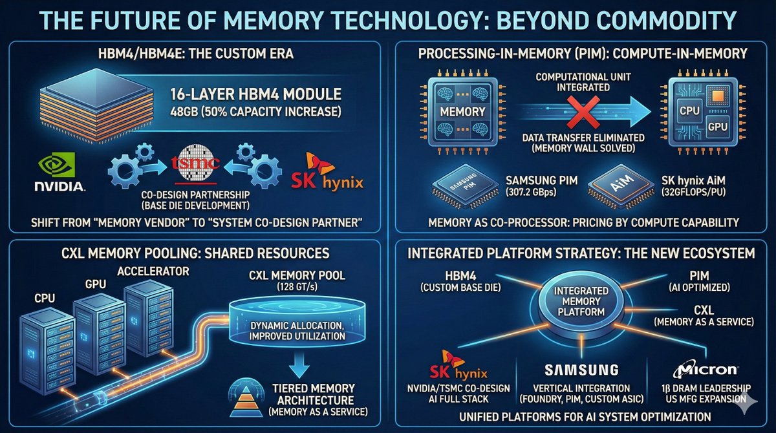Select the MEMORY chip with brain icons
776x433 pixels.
click(463, 111)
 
